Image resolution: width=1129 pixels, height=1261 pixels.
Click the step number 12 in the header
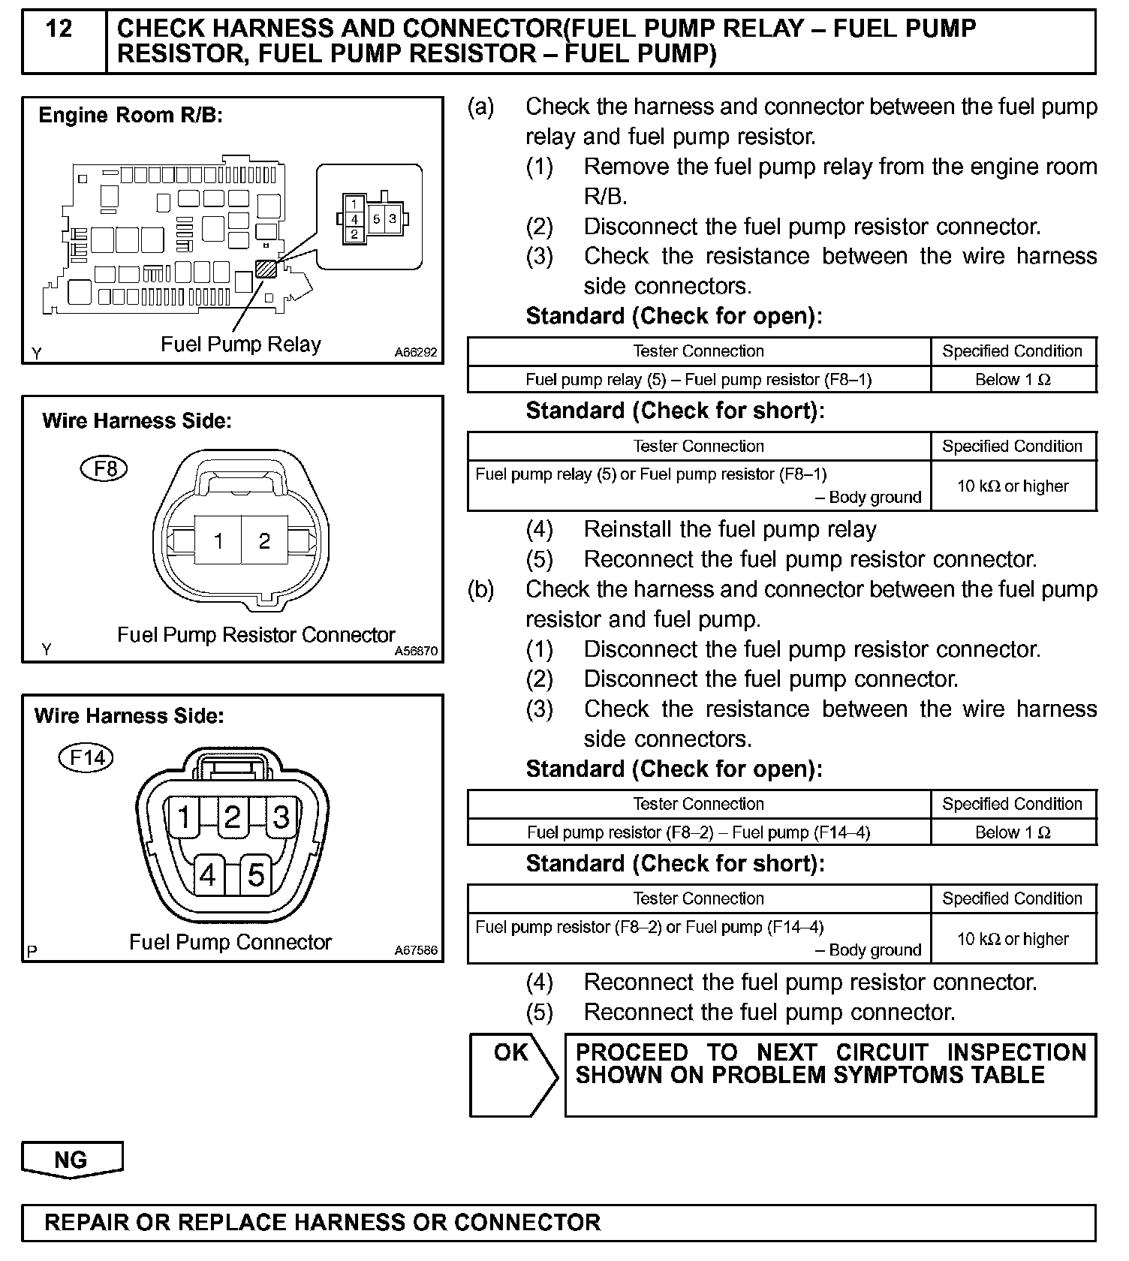coord(59,30)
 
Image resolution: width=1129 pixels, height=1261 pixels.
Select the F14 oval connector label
coord(86,758)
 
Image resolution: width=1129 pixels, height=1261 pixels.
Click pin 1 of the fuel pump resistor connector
coord(218,540)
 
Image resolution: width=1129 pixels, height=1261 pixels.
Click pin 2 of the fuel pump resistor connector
coord(264,540)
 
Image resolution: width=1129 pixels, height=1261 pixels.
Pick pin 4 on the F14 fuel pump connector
coord(208,875)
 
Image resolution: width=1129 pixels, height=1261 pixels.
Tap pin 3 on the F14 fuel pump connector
coord(281,817)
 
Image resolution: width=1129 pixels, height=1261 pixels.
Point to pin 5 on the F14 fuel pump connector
coord(256,875)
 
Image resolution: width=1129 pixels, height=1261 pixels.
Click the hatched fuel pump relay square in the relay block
coord(266,269)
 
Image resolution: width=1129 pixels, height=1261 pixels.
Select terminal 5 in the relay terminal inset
coord(377,219)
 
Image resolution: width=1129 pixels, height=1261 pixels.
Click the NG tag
coord(71,1160)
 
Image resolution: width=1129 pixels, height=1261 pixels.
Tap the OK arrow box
coord(513,1074)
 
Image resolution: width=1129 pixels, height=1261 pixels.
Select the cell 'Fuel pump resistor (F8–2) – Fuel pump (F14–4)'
coord(698,832)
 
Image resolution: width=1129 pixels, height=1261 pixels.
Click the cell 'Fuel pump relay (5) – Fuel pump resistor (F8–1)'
coord(698,380)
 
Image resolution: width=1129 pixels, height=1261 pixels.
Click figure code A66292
coord(416,353)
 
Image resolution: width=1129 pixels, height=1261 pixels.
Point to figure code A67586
coord(416,950)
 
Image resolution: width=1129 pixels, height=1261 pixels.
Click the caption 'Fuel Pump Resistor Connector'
coord(256,635)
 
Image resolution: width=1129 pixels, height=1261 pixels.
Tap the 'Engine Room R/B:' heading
coord(131,116)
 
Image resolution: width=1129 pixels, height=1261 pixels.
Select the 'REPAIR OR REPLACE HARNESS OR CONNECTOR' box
coord(558,1223)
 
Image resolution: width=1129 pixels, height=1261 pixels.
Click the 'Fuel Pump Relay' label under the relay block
coord(241,345)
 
